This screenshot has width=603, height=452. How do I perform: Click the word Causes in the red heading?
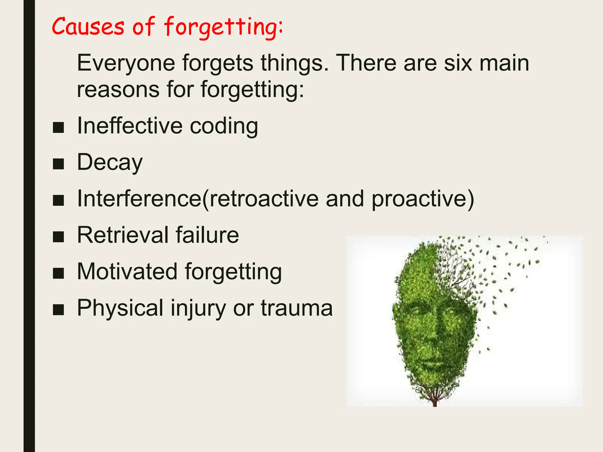tap(88, 26)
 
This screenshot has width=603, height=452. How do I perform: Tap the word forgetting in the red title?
tap(223, 27)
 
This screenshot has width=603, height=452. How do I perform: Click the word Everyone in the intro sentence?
tap(126, 63)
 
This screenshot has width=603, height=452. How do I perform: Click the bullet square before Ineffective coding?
tap(58, 127)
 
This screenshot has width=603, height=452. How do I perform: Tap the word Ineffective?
tap(130, 126)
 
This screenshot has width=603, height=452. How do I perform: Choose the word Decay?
tap(110, 162)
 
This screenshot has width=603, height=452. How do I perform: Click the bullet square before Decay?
tap(58, 164)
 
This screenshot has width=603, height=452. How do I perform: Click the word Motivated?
tap(127, 271)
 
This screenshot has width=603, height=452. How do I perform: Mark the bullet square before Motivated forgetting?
tap(58, 273)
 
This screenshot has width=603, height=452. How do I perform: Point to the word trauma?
tap(297, 308)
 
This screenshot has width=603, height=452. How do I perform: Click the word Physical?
tap(120, 308)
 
